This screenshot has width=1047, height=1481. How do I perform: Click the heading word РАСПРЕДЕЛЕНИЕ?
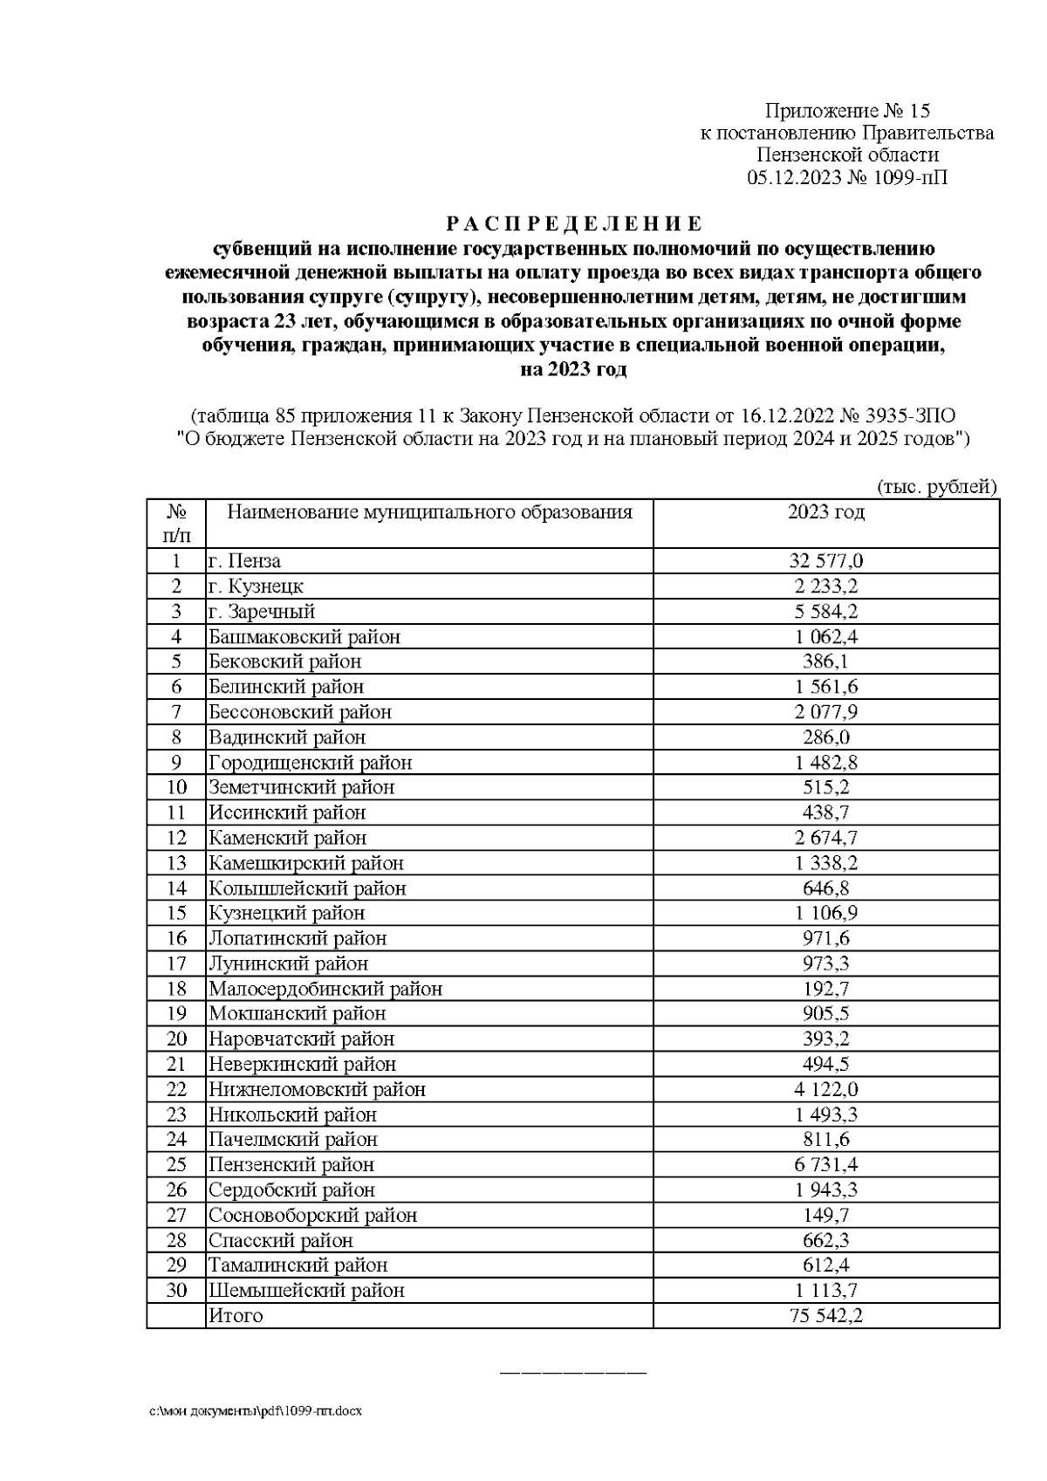tap(572, 223)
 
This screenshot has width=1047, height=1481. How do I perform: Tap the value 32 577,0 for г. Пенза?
tap(825, 561)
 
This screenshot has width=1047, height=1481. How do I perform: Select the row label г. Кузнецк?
tap(255, 586)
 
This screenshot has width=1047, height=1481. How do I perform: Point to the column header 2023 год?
tap(825, 512)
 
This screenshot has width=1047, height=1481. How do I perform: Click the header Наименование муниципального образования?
tap(429, 512)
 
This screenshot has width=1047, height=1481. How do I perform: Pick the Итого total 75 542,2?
tap(825, 1316)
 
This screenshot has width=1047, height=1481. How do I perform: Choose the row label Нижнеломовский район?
tap(317, 1089)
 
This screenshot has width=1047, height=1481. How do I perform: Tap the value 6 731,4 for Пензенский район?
tap(825, 1165)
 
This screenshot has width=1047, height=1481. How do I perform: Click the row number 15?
tap(176, 913)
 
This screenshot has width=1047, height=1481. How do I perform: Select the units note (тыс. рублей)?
tap(935, 487)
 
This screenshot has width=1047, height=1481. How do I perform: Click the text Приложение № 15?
tap(847, 111)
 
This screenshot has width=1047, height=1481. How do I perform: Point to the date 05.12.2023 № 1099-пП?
tap(847, 178)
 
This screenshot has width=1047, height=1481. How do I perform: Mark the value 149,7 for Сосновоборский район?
tap(825, 1216)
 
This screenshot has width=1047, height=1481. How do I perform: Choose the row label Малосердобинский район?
tap(325, 989)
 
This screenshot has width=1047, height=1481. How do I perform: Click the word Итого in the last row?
tap(235, 1316)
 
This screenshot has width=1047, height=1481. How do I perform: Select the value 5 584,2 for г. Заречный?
tap(825, 612)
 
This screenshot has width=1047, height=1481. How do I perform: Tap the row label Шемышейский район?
tap(305, 1291)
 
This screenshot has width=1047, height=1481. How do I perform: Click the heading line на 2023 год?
tap(572, 369)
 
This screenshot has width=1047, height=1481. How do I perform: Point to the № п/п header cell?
tap(176, 523)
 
